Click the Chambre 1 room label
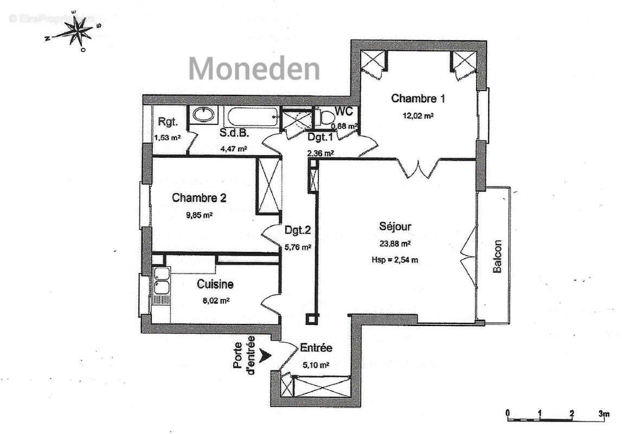point(418,99)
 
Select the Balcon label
point(497,257)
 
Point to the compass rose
point(74,34)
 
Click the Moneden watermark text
point(254,69)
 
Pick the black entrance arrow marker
point(265,355)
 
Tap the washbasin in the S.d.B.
point(203,114)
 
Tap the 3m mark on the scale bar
point(604,413)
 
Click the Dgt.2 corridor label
point(298,230)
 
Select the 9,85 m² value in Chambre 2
point(199,215)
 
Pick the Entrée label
point(316,348)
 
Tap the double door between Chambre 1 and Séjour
point(418,169)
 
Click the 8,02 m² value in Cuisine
point(215,300)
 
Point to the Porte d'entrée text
point(243,353)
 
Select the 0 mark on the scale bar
point(508,413)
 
